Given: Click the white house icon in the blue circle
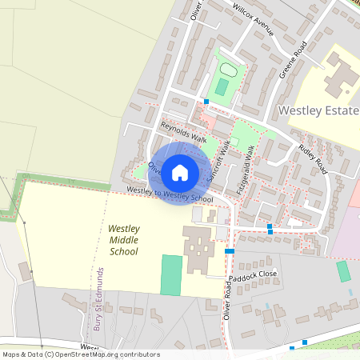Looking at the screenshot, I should tap(180, 172).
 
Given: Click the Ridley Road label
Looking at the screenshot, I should tap(313, 159).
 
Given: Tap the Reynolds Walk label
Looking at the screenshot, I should tap(183, 132).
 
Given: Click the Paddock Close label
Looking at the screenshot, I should tap(257, 274).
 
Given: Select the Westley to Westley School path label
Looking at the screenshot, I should tap(170, 194).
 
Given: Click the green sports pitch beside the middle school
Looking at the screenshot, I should tap(171, 274).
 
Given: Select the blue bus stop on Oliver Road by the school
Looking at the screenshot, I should tap(230, 251).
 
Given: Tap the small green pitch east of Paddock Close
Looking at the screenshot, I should tap(343, 271).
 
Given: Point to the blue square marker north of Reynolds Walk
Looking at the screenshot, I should tap(206, 102).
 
